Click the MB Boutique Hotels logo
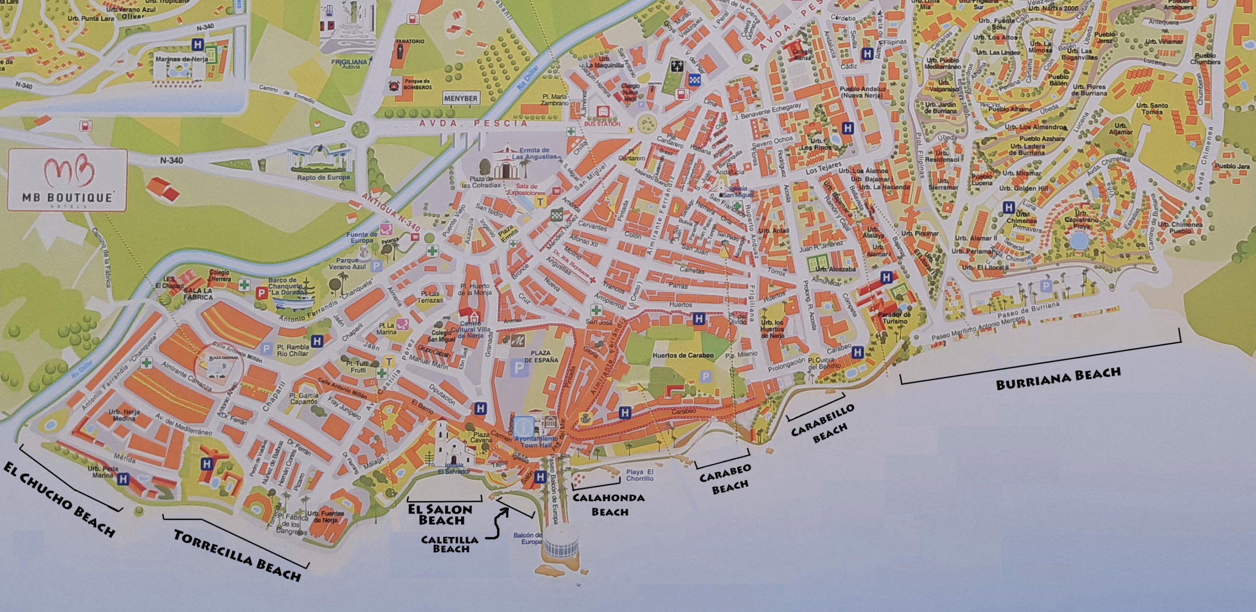68,180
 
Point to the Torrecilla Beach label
237,555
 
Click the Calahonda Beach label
609,505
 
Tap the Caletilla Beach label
450,544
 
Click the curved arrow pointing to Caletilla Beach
497,524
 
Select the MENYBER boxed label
460,98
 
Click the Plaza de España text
541,356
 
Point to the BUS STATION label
602,124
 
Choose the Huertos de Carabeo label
682,355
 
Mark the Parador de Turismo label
894,318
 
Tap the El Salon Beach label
440,514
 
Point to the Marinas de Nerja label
181,59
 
